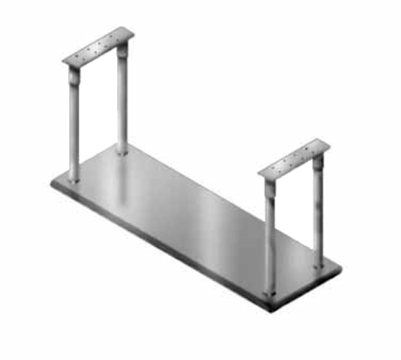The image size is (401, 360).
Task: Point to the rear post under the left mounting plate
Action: pos(123,100)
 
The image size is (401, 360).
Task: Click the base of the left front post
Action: pos(74,181)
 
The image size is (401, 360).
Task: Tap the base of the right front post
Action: pos(270,293)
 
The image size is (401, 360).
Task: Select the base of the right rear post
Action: pos(319,264)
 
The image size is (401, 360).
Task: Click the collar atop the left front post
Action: pos(74,77)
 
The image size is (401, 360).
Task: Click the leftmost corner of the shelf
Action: pos(51,185)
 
